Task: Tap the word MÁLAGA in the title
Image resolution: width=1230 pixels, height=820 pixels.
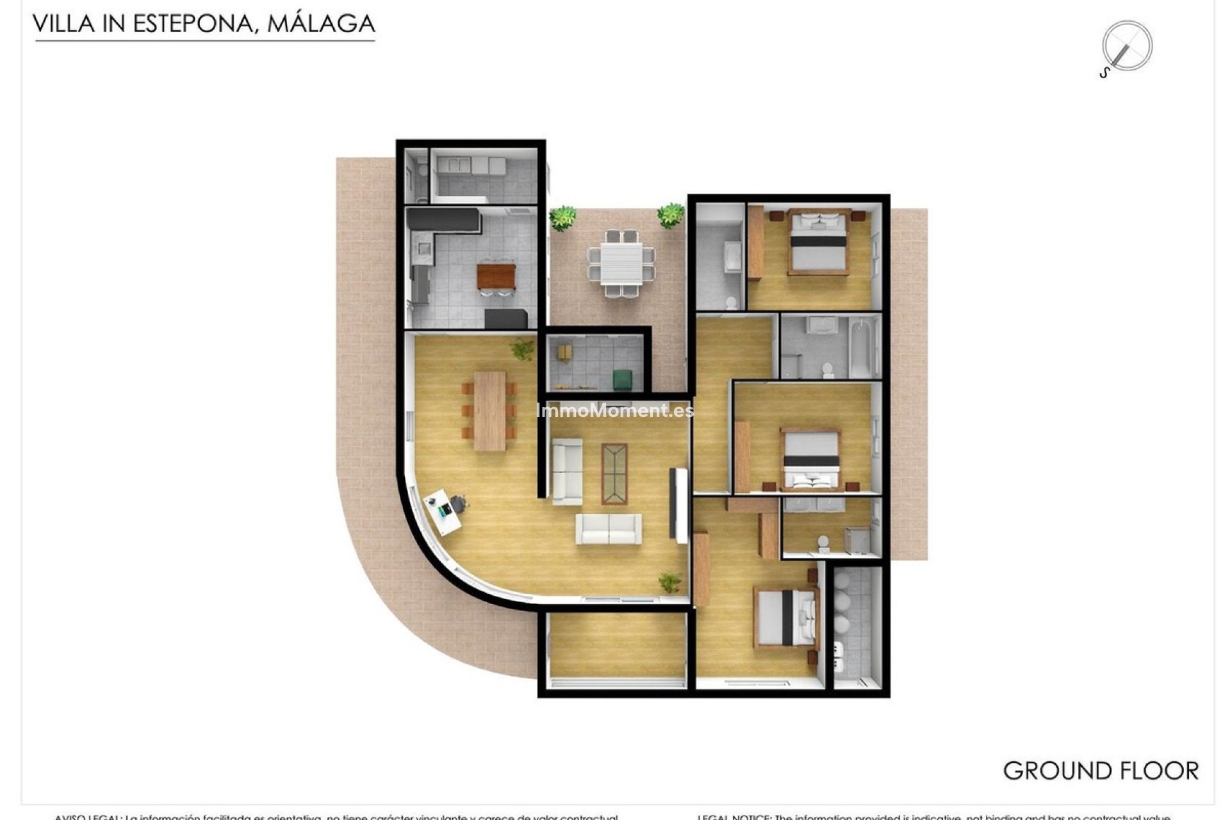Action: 320,24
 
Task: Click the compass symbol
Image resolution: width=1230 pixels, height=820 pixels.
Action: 1126,47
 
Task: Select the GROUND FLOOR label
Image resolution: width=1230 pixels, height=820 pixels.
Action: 1100,771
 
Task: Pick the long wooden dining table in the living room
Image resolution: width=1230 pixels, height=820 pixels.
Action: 489,411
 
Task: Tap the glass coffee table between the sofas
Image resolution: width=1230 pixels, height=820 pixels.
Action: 614,473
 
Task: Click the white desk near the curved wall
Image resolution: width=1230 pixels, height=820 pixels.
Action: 443,511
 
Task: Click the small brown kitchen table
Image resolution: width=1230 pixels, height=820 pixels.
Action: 496,276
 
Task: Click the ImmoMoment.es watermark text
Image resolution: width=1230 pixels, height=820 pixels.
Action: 614,411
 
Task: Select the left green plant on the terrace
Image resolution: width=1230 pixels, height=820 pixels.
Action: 562,218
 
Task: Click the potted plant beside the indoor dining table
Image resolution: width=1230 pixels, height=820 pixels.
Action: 523,349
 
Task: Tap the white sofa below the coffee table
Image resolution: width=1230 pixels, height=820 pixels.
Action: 608,529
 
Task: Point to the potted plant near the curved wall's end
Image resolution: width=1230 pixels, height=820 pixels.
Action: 670,582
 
